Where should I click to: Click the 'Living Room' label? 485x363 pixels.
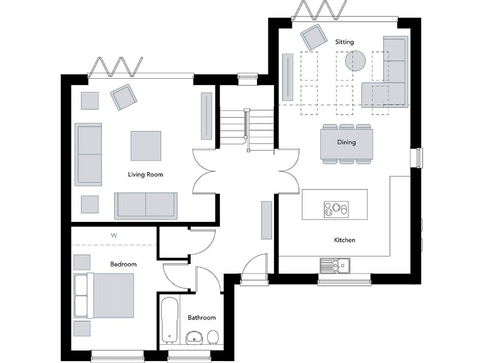(x=145, y=175)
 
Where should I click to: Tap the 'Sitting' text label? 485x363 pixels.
(x=344, y=42)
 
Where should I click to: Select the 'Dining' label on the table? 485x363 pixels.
(x=346, y=142)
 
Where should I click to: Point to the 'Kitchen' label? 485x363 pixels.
(x=344, y=240)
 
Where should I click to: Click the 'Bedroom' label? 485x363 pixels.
(x=123, y=264)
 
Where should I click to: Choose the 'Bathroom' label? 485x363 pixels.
(x=201, y=318)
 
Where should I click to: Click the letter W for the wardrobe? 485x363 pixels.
(x=114, y=236)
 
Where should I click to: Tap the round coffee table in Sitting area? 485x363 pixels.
(x=355, y=60)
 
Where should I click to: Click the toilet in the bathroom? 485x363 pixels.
(x=213, y=336)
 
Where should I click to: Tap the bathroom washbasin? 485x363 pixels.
(x=195, y=337)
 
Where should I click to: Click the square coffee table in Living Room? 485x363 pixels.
(x=145, y=146)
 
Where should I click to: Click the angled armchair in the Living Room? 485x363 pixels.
(x=123, y=96)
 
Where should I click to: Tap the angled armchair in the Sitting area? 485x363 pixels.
(x=314, y=38)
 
